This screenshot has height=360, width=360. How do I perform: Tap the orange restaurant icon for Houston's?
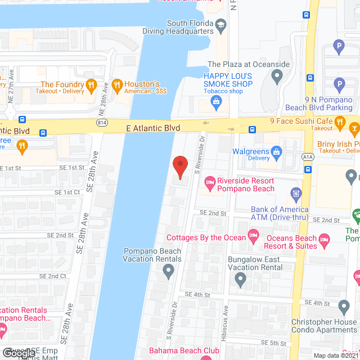[x=117, y=86]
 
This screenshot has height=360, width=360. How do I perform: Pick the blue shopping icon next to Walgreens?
[x=276, y=151]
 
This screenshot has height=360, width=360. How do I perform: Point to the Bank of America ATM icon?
[x=296, y=195]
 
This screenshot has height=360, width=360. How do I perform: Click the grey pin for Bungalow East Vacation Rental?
[x=240, y=280]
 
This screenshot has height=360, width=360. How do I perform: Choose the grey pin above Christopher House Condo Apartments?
[x=344, y=307]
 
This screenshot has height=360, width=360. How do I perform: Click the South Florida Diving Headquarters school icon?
[x=221, y=24]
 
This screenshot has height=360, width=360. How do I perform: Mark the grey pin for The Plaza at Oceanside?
[x=276, y=75]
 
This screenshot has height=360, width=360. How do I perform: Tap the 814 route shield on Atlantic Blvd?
[x=102, y=121]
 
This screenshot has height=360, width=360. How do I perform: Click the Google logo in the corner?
[x=18, y=352]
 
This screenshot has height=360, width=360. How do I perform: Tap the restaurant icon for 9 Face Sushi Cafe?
[x=339, y=121]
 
